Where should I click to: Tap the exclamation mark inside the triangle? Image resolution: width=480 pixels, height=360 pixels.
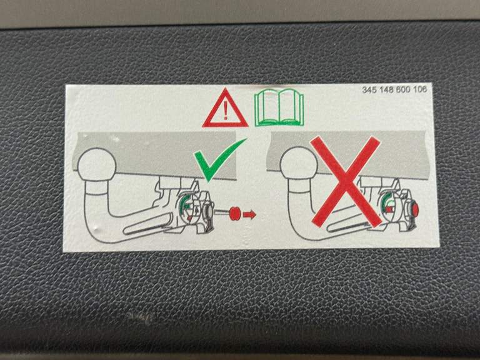226,109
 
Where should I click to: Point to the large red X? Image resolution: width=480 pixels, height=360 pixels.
346,181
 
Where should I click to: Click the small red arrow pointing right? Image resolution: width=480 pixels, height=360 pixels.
249,214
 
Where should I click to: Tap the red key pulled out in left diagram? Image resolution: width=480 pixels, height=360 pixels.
235,213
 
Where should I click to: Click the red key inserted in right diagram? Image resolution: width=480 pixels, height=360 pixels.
415,209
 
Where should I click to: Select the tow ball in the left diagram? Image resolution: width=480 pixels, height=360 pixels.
97,165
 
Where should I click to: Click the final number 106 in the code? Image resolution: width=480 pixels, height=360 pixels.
420,89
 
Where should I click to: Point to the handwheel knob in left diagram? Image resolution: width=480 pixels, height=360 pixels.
207,211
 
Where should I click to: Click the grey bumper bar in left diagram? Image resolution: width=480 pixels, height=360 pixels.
154,154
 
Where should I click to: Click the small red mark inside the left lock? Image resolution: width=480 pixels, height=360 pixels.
190,218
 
